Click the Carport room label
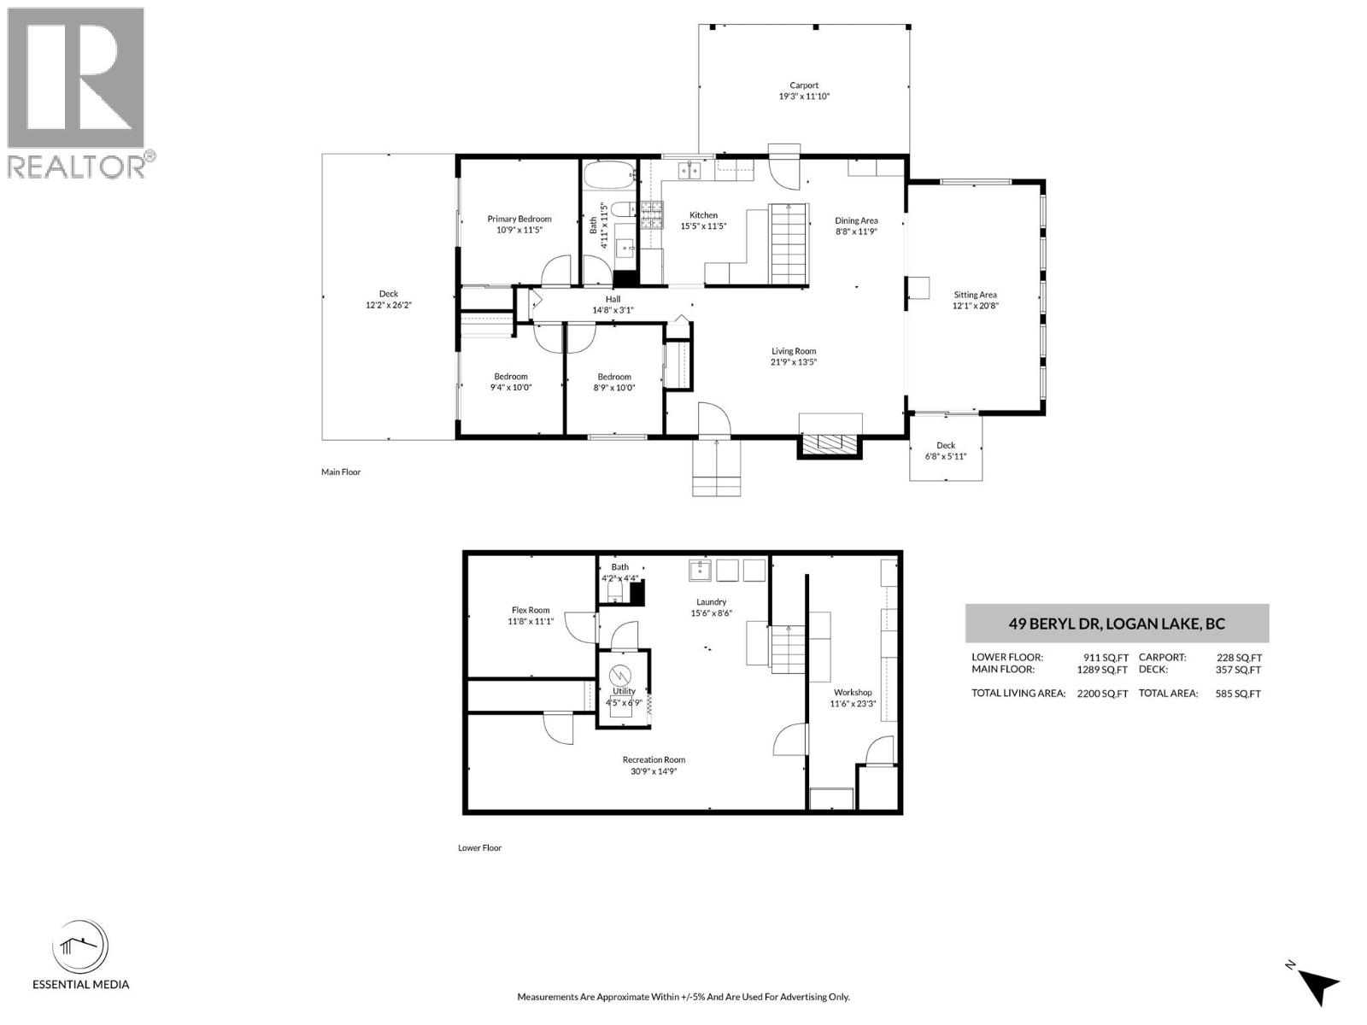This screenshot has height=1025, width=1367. coord(803,85)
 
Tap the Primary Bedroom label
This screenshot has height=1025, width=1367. coord(519,220)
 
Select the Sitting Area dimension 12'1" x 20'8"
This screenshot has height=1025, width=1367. coord(975,306)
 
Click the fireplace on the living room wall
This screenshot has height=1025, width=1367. coord(829,442)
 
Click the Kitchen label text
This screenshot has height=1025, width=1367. coord(703,215)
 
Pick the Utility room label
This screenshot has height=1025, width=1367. coord(624,691)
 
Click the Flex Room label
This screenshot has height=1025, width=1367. coord(531,610)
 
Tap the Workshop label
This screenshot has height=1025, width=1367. coord(852,693)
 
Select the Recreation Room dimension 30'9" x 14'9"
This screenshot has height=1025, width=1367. coord(654,771)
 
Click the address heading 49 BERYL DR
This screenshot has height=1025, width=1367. coord(1117,624)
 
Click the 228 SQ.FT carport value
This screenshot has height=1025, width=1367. coord(1238,658)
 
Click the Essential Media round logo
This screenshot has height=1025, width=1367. coord(80,947)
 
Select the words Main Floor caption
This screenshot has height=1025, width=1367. coord(341,471)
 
